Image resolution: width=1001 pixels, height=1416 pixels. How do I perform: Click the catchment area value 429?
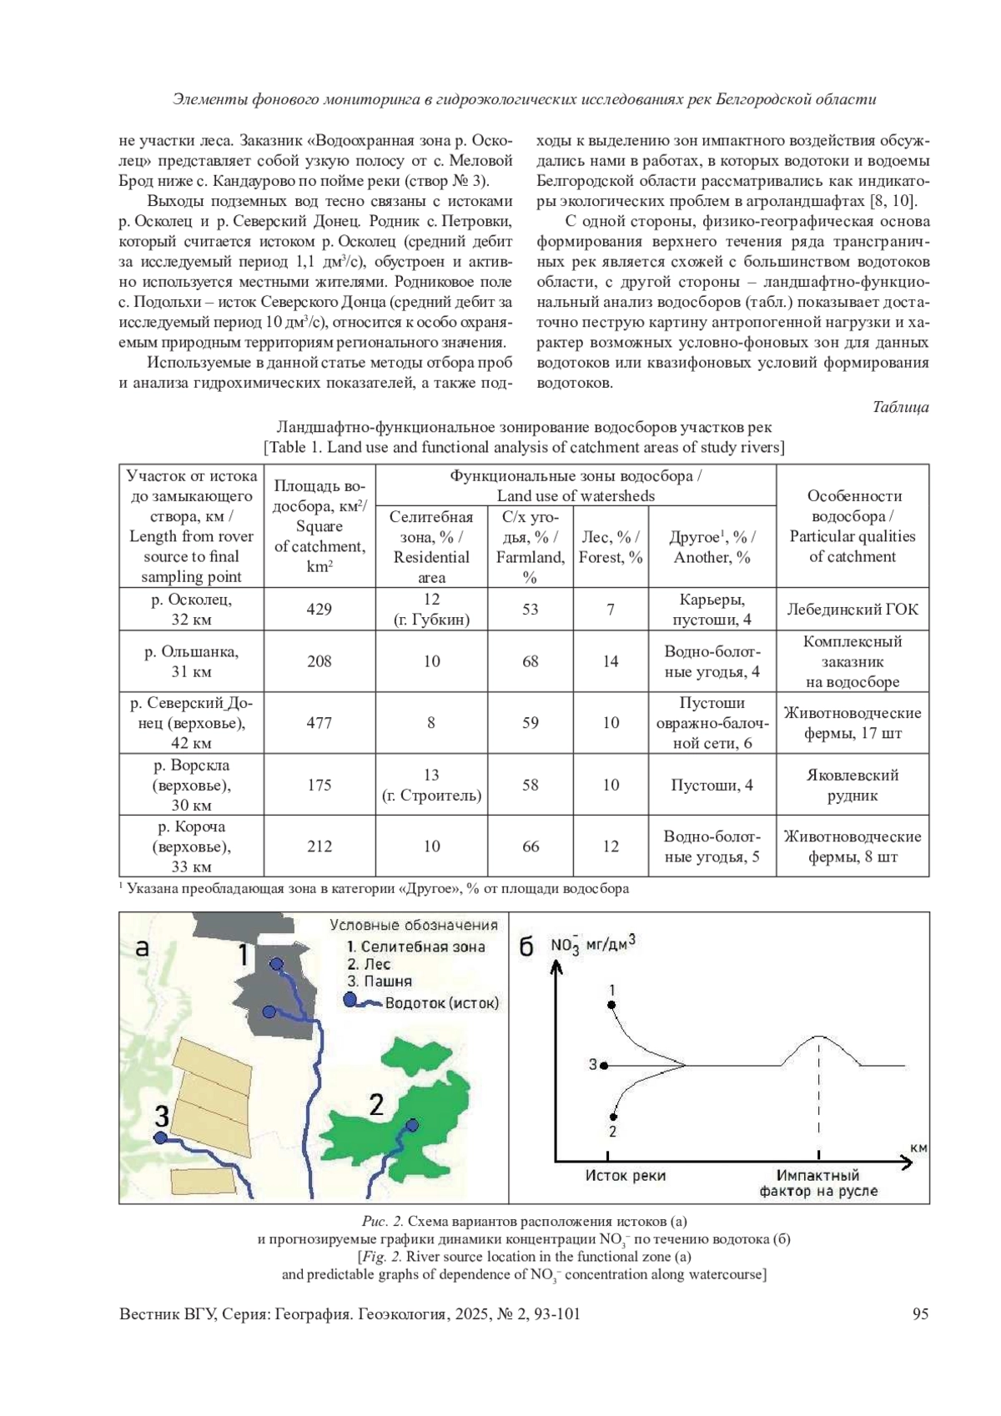tap(319, 610)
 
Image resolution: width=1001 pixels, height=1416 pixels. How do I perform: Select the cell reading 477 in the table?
tap(319, 723)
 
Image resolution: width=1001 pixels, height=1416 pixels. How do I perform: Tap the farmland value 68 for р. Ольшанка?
tap(530, 661)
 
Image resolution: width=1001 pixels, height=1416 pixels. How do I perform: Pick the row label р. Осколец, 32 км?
tap(191, 610)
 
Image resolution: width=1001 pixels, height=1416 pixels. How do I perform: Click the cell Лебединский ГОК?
tap(853, 610)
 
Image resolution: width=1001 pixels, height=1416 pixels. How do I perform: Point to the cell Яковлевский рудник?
tap(853, 785)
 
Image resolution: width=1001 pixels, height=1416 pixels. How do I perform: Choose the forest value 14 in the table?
tap(611, 661)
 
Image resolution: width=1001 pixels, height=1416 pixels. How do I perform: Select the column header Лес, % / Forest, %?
tap(611, 547)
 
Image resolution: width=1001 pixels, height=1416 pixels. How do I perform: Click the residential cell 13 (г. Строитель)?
tap(431, 785)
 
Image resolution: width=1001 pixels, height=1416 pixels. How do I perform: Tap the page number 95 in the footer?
tap(920, 1314)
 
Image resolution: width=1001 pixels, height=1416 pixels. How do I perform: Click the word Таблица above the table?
tap(900, 407)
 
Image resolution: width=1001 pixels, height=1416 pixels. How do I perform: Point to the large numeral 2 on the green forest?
tap(376, 1105)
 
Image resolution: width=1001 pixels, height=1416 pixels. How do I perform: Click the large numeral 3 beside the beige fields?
tap(162, 1115)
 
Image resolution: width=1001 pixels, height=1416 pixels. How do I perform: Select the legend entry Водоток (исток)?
tap(440, 1003)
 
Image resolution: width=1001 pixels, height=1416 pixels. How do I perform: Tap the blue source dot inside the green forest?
tap(412, 1126)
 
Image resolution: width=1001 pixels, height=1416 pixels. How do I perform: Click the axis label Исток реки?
tap(625, 1176)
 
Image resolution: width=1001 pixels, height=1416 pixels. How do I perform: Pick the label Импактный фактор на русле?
tap(818, 1183)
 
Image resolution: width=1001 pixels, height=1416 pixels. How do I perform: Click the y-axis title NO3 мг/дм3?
tap(592, 945)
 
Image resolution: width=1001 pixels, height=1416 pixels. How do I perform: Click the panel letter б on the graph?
tap(526, 948)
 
